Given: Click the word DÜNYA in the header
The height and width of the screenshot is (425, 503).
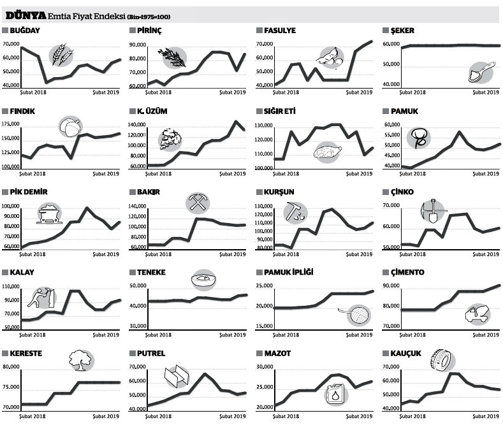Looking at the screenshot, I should point(26,15).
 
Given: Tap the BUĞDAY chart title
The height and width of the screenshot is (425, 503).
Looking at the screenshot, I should point(25,31).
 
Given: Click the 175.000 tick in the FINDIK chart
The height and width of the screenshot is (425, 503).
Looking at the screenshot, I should point(13,124).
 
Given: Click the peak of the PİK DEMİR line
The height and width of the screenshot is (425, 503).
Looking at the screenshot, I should point(87,208).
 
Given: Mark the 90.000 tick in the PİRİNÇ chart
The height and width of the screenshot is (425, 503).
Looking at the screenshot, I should point(140,45).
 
